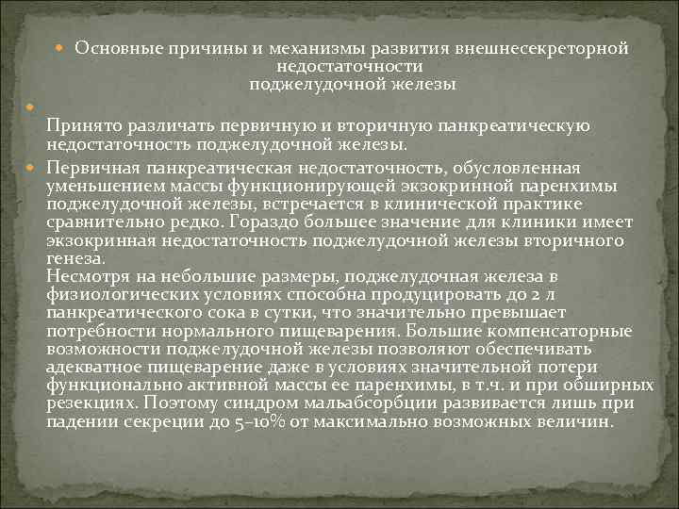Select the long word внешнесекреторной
tap(542, 48)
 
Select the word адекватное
tap(100, 368)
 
